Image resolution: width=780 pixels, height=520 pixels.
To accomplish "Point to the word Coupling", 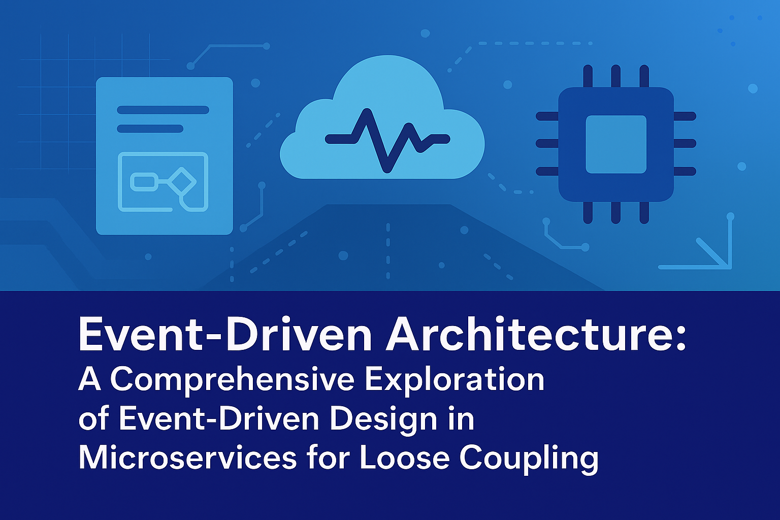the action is (x=529, y=459).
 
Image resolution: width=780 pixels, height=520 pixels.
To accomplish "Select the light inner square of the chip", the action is (x=616, y=144).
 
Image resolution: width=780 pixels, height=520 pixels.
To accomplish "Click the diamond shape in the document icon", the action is (x=182, y=181).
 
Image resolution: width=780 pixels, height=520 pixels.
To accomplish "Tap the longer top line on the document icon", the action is (x=163, y=110).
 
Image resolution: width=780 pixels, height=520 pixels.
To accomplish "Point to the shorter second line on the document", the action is (x=150, y=128).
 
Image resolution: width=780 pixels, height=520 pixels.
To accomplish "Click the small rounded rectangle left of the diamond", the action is (x=144, y=181).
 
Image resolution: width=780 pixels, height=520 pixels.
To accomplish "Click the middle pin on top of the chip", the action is (x=615, y=76).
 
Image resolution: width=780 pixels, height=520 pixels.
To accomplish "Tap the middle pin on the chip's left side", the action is (x=547, y=144).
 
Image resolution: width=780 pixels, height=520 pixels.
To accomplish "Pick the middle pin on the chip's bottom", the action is (x=615, y=212).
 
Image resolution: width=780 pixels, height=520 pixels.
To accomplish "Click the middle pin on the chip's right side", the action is (x=685, y=144).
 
